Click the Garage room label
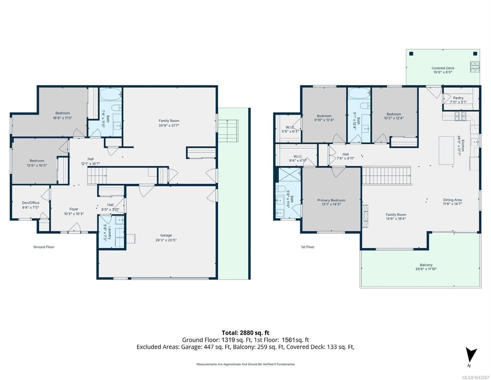tap(166, 235)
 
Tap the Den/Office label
tap(30, 203)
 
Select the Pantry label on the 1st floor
tap(458, 98)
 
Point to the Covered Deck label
tap(443, 68)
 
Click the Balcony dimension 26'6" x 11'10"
tap(426, 269)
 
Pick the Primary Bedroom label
tap(331, 200)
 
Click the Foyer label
tap(74, 209)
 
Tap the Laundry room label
tap(110, 233)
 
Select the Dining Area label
tap(452, 200)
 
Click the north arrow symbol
tap(471, 356)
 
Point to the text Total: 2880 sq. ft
tap(245, 333)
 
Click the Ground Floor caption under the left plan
tap(44, 247)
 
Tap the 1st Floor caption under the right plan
tap(308, 247)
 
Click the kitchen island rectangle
tap(446, 150)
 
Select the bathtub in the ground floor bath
tap(111, 94)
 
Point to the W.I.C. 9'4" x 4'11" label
tap(298, 159)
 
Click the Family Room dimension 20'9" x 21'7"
tap(169, 125)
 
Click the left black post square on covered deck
tap(411, 54)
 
